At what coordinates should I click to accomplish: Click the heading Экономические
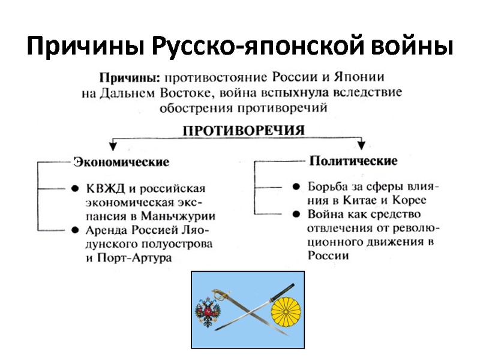click(x=121, y=162)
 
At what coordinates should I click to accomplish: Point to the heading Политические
click(x=353, y=161)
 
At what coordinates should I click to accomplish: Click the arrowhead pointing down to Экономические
click(x=112, y=146)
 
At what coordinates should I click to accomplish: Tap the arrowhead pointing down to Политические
click(x=361, y=145)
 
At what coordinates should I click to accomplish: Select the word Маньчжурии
click(x=181, y=216)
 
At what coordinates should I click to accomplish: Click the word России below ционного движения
click(x=328, y=256)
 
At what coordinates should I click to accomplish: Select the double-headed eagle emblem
click(x=208, y=310)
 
